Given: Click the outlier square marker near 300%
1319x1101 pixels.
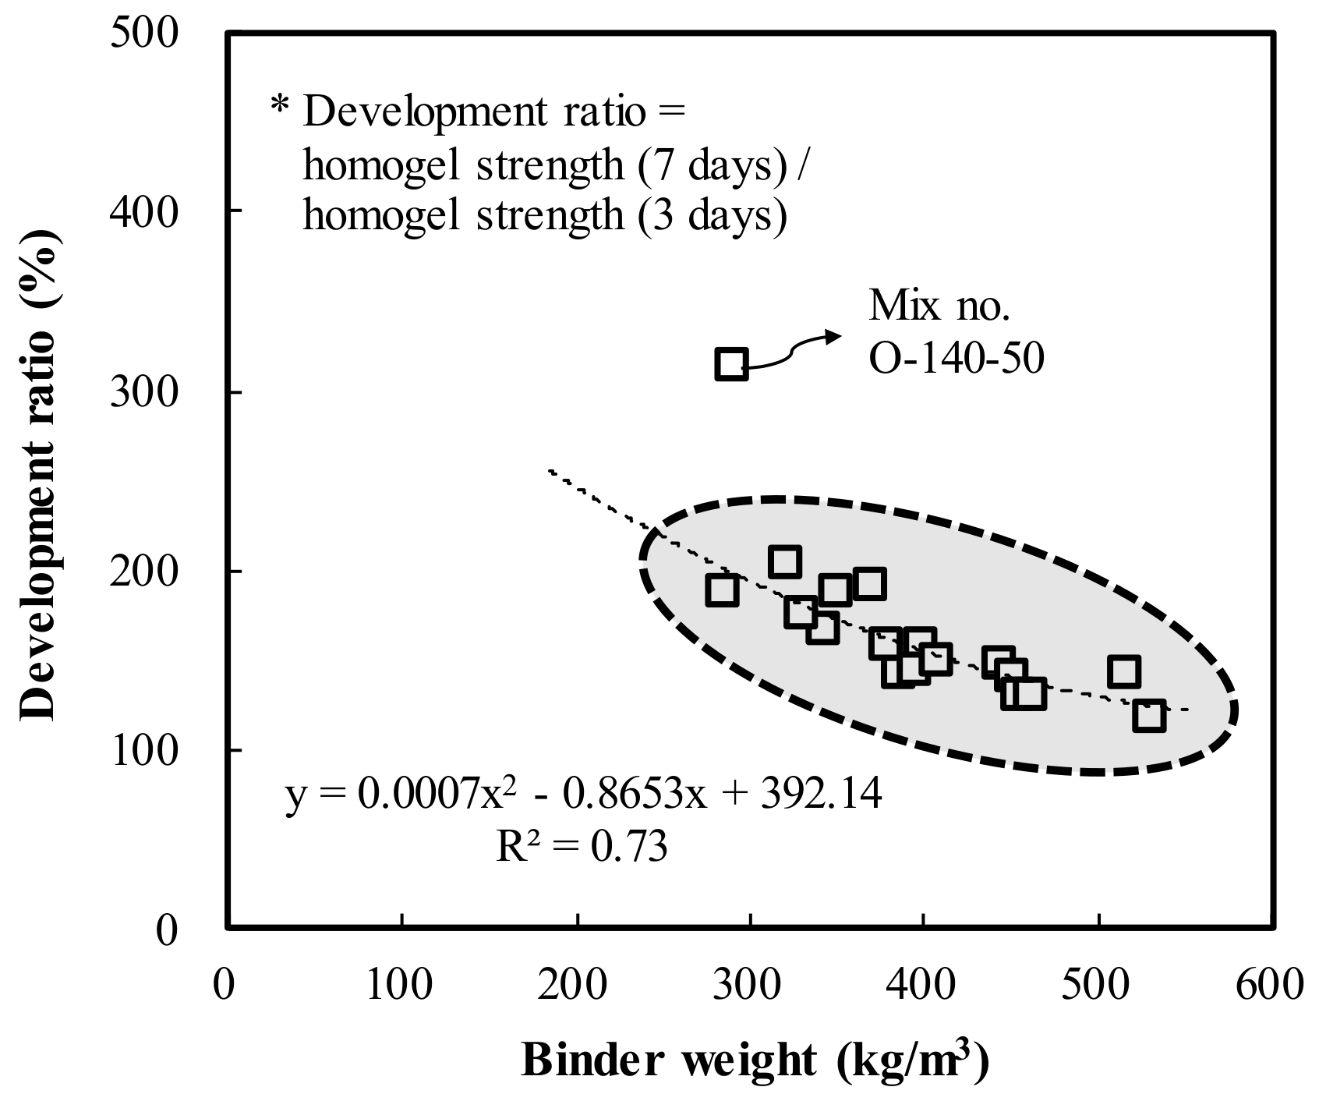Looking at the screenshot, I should (731, 364).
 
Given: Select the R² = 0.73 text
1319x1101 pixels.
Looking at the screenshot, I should (582, 846).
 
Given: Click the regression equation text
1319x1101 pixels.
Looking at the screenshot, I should (583, 795).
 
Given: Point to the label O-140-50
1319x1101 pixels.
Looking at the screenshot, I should (956, 360).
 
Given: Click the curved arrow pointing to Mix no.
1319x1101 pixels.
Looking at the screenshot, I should (795, 351).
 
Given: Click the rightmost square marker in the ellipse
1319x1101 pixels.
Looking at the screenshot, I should (1149, 715).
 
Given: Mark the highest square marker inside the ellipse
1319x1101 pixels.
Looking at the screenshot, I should (784, 562).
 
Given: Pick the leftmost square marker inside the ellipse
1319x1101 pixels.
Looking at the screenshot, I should (722, 590).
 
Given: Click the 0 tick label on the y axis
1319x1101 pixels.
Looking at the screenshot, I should (167, 930).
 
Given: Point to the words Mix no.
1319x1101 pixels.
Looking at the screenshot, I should (939, 307).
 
